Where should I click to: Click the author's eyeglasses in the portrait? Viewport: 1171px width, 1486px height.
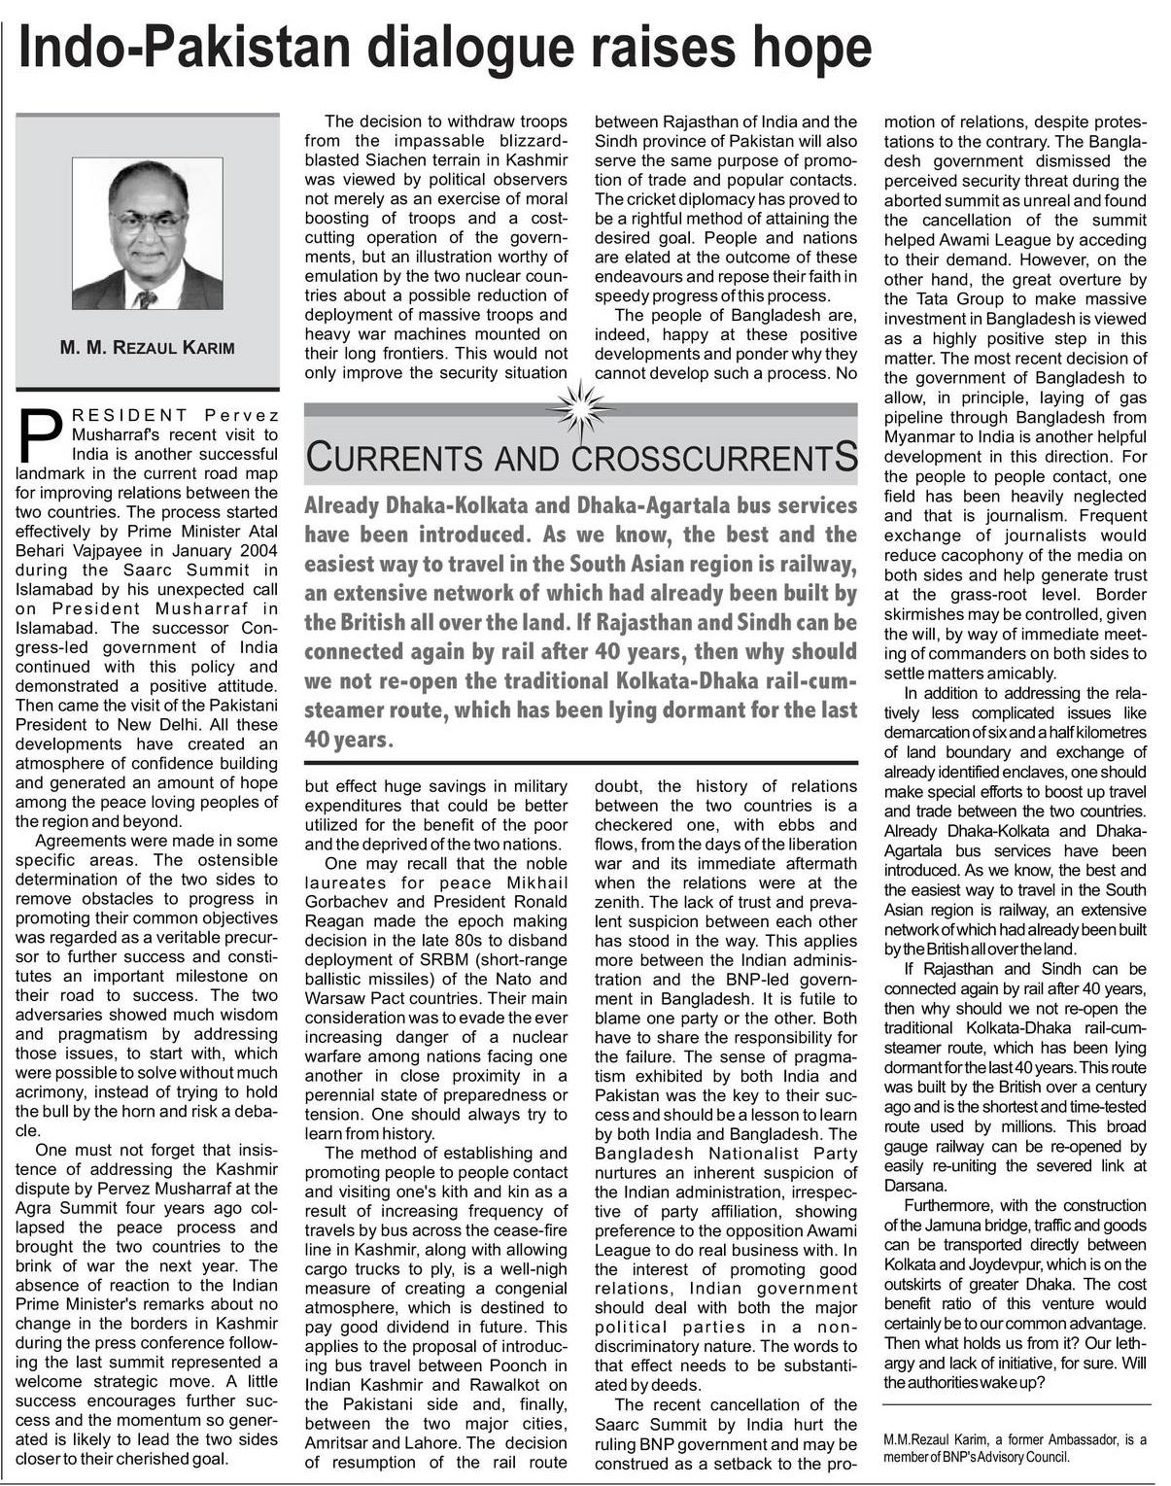pos(149,220)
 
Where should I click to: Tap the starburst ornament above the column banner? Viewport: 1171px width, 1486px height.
pos(580,407)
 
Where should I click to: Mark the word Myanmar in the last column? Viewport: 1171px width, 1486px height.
pos(920,436)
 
